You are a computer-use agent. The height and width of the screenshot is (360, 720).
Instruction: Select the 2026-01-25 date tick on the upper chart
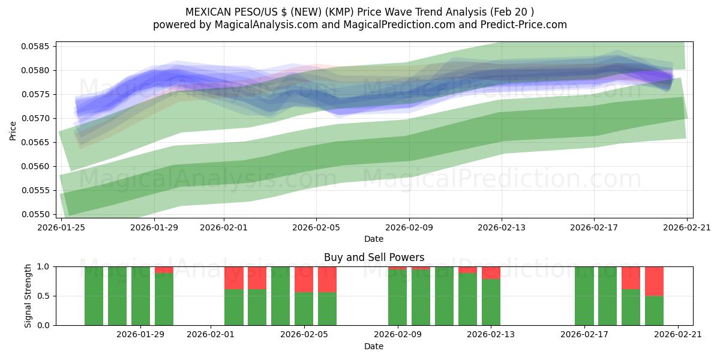pos(61,227)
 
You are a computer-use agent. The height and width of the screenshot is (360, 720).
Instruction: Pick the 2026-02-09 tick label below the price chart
pos(409,227)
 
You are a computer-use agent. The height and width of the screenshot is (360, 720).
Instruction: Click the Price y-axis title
pos(13,130)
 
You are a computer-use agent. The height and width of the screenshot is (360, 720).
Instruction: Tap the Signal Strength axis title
pos(28,296)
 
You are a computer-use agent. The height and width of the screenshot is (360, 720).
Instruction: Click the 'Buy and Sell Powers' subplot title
pos(374,257)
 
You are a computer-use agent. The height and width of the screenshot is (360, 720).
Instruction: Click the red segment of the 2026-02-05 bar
pos(304,279)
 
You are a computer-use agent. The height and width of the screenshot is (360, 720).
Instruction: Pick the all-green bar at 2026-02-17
pos(584,296)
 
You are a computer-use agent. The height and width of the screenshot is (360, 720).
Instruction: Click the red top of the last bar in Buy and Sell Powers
pos(654,281)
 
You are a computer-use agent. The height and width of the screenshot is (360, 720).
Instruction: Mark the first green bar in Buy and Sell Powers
pos(94,296)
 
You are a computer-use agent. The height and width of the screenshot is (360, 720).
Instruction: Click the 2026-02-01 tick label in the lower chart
pos(211,334)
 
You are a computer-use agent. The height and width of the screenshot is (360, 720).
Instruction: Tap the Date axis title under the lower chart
pos(374,346)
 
